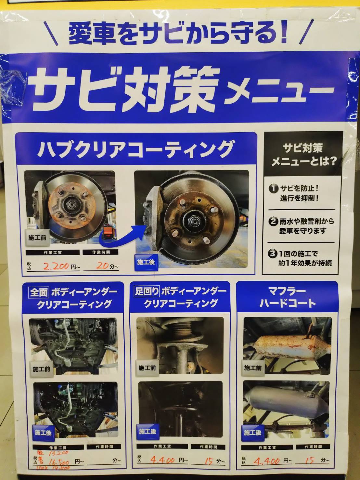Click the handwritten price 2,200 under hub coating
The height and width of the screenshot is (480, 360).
pyautogui.click(x=56, y=266)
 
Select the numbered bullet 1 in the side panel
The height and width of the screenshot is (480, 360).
pyautogui.click(x=274, y=188)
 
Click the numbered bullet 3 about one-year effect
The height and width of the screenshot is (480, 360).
pyautogui.click(x=273, y=254)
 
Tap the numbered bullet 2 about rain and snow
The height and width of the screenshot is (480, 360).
pyautogui.click(x=273, y=222)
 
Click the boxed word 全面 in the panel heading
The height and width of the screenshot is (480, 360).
pyautogui.click(x=39, y=292)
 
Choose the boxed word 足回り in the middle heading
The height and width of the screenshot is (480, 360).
pyautogui.click(x=147, y=291)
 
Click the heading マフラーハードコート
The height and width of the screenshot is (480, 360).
pyautogui.click(x=288, y=297)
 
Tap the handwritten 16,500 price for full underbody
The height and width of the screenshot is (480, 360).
pyautogui.click(x=58, y=461)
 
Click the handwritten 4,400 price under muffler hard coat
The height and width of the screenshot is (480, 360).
pyautogui.click(x=267, y=461)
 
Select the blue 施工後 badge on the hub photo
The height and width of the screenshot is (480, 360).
pyautogui.click(x=146, y=262)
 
